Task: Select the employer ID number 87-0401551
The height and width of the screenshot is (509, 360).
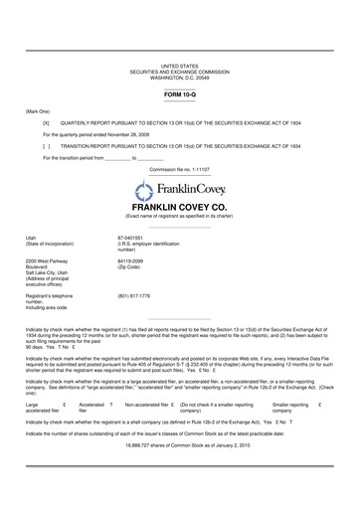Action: pyautogui.click(x=132, y=238)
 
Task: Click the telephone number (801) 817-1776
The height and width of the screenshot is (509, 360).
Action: pyautogui.click(x=134, y=295)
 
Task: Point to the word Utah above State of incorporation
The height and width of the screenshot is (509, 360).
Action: pyautogui.click(x=32, y=238)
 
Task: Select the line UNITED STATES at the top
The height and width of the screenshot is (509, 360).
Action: pyautogui.click(x=180, y=64)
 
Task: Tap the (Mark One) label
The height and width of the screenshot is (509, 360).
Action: pyautogui.click(x=38, y=110)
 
